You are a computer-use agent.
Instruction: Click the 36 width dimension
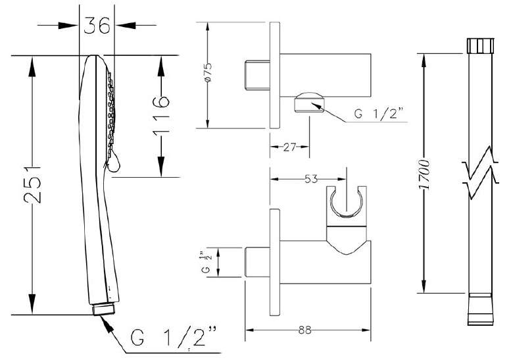point(97,25)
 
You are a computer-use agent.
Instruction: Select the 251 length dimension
point(32,185)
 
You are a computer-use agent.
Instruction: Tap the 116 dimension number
point(161,114)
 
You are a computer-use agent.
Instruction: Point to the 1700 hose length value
point(424,174)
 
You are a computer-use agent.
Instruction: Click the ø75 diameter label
point(208,72)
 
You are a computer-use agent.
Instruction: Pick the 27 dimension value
point(289,147)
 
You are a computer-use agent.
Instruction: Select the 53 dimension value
point(310,179)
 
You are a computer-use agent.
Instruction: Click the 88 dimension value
point(304,330)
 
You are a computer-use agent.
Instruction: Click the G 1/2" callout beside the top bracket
point(379,113)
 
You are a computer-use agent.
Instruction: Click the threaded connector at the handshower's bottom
point(104,309)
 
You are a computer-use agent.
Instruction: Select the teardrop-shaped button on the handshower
point(113,162)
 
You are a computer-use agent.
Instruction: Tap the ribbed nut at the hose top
point(480,45)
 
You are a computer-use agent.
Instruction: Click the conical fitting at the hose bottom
point(480,309)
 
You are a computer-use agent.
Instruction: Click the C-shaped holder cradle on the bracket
point(346,202)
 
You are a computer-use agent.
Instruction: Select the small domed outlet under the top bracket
point(309,103)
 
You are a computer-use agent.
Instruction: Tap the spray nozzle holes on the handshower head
point(110,108)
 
